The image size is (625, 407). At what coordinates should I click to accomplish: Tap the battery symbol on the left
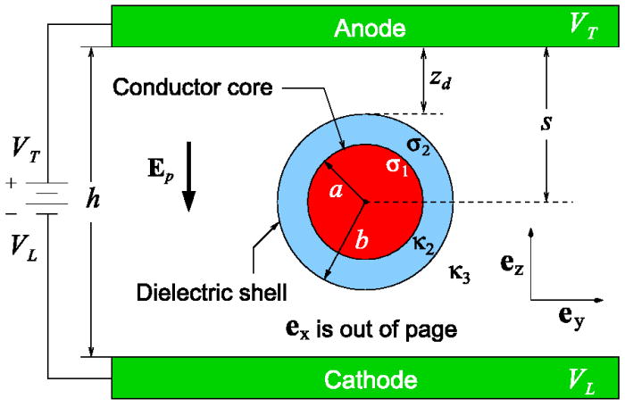[x=42, y=194]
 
